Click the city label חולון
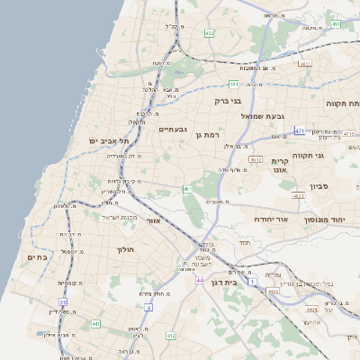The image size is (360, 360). tap(125, 248)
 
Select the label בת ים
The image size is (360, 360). tap(31, 257)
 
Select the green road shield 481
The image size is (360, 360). tap(233, 84)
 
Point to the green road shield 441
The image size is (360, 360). tap(95, 323)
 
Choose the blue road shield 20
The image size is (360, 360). tap(63, 301)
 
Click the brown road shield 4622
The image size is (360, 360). tap(298, 195)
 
